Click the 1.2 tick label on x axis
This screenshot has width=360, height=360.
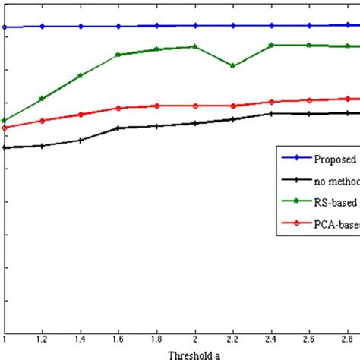43,339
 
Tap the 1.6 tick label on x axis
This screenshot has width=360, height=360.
118,339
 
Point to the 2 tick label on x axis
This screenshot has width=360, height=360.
195,339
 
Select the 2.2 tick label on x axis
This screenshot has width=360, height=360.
233,339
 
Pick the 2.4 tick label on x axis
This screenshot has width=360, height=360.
271,339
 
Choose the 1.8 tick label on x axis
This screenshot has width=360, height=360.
157,339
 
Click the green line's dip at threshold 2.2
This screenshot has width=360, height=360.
233,66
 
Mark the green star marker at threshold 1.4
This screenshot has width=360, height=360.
81,76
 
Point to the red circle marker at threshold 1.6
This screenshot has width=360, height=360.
118,108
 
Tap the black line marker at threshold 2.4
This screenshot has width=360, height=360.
271,114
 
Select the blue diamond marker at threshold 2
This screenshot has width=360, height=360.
195,25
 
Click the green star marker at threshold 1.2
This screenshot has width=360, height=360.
43,99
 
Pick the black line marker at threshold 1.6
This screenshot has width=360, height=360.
118,128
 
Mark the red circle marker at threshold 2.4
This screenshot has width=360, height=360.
271,102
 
